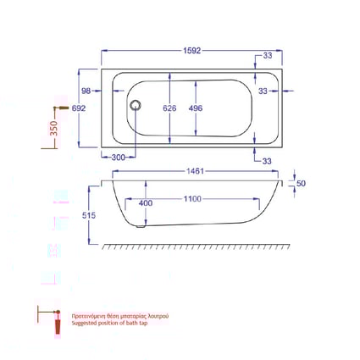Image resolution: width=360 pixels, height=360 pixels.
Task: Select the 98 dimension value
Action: [86, 91]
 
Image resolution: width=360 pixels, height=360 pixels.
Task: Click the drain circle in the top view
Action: [133, 106]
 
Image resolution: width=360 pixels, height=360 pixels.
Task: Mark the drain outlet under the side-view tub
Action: [142, 226]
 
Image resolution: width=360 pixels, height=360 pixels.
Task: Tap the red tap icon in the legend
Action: [58, 322]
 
